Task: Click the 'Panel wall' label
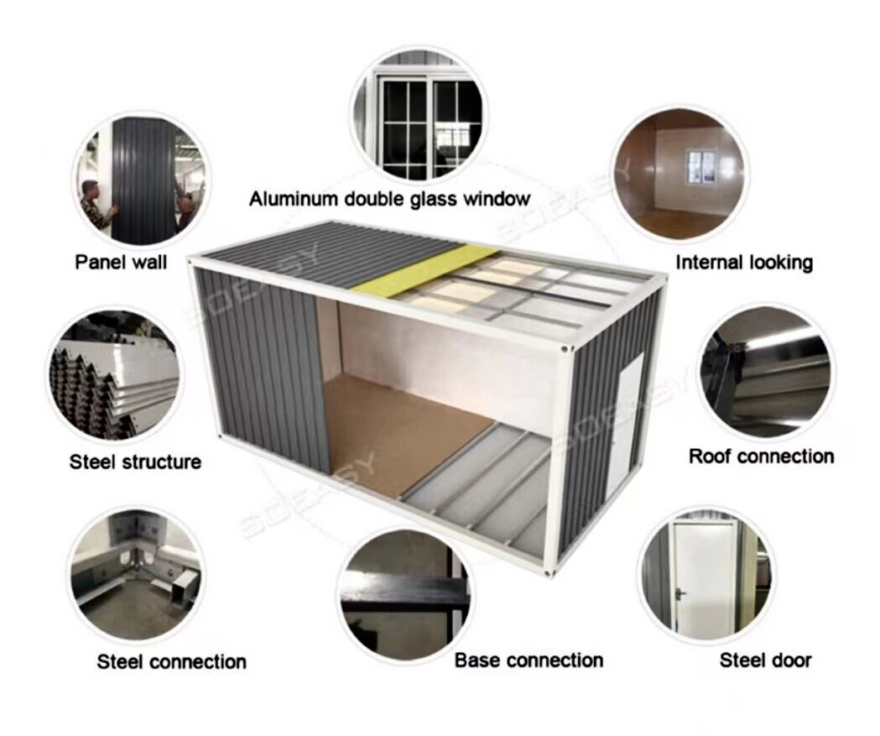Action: click(x=122, y=262)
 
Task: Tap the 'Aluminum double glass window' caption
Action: click(x=389, y=199)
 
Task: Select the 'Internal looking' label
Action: click(x=744, y=262)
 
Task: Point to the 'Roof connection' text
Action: click(x=762, y=456)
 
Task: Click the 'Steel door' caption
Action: click(x=766, y=660)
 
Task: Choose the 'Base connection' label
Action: click(x=529, y=660)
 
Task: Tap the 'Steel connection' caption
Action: click(x=172, y=661)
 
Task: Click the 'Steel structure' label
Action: click(x=135, y=462)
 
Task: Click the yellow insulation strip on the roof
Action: click(x=419, y=269)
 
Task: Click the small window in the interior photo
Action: click(x=701, y=166)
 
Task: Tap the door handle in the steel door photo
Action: click(x=682, y=592)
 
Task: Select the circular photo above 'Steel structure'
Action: click(x=113, y=374)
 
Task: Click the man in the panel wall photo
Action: click(x=96, y=203)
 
